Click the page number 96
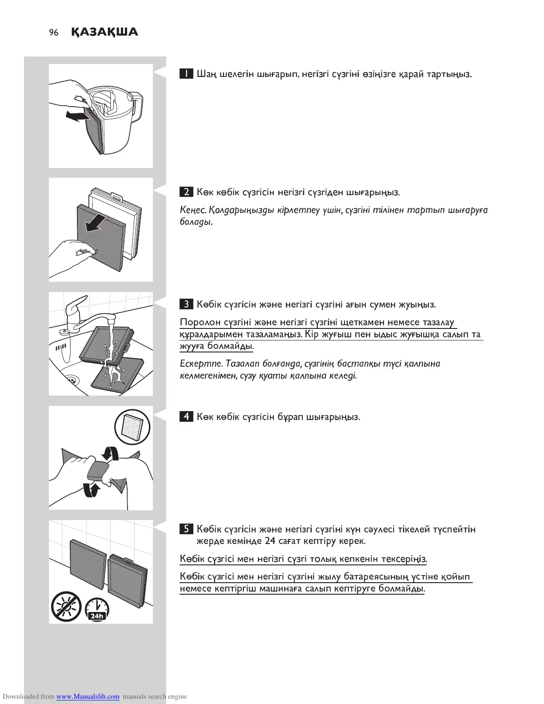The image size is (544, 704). click(x=54, y=32)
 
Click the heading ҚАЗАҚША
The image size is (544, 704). click(x=104, y=32)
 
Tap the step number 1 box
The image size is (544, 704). click(x=186, y=74)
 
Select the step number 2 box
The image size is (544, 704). click(x=186, y=192)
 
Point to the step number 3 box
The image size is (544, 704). click(x=186, y=304)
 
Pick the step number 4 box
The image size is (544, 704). click(x=186, y=417)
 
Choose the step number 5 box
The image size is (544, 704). click(x=186, y=529)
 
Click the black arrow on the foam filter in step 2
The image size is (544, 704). click(x=96, y=223)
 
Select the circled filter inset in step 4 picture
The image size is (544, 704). click(x=132, y=427)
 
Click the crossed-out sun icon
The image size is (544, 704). click(x=66, y=606)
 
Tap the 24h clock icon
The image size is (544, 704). click(x=96, y=609)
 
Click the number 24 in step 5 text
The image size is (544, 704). click(x=270, y=541)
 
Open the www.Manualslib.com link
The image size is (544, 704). click(x=88, y=696)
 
